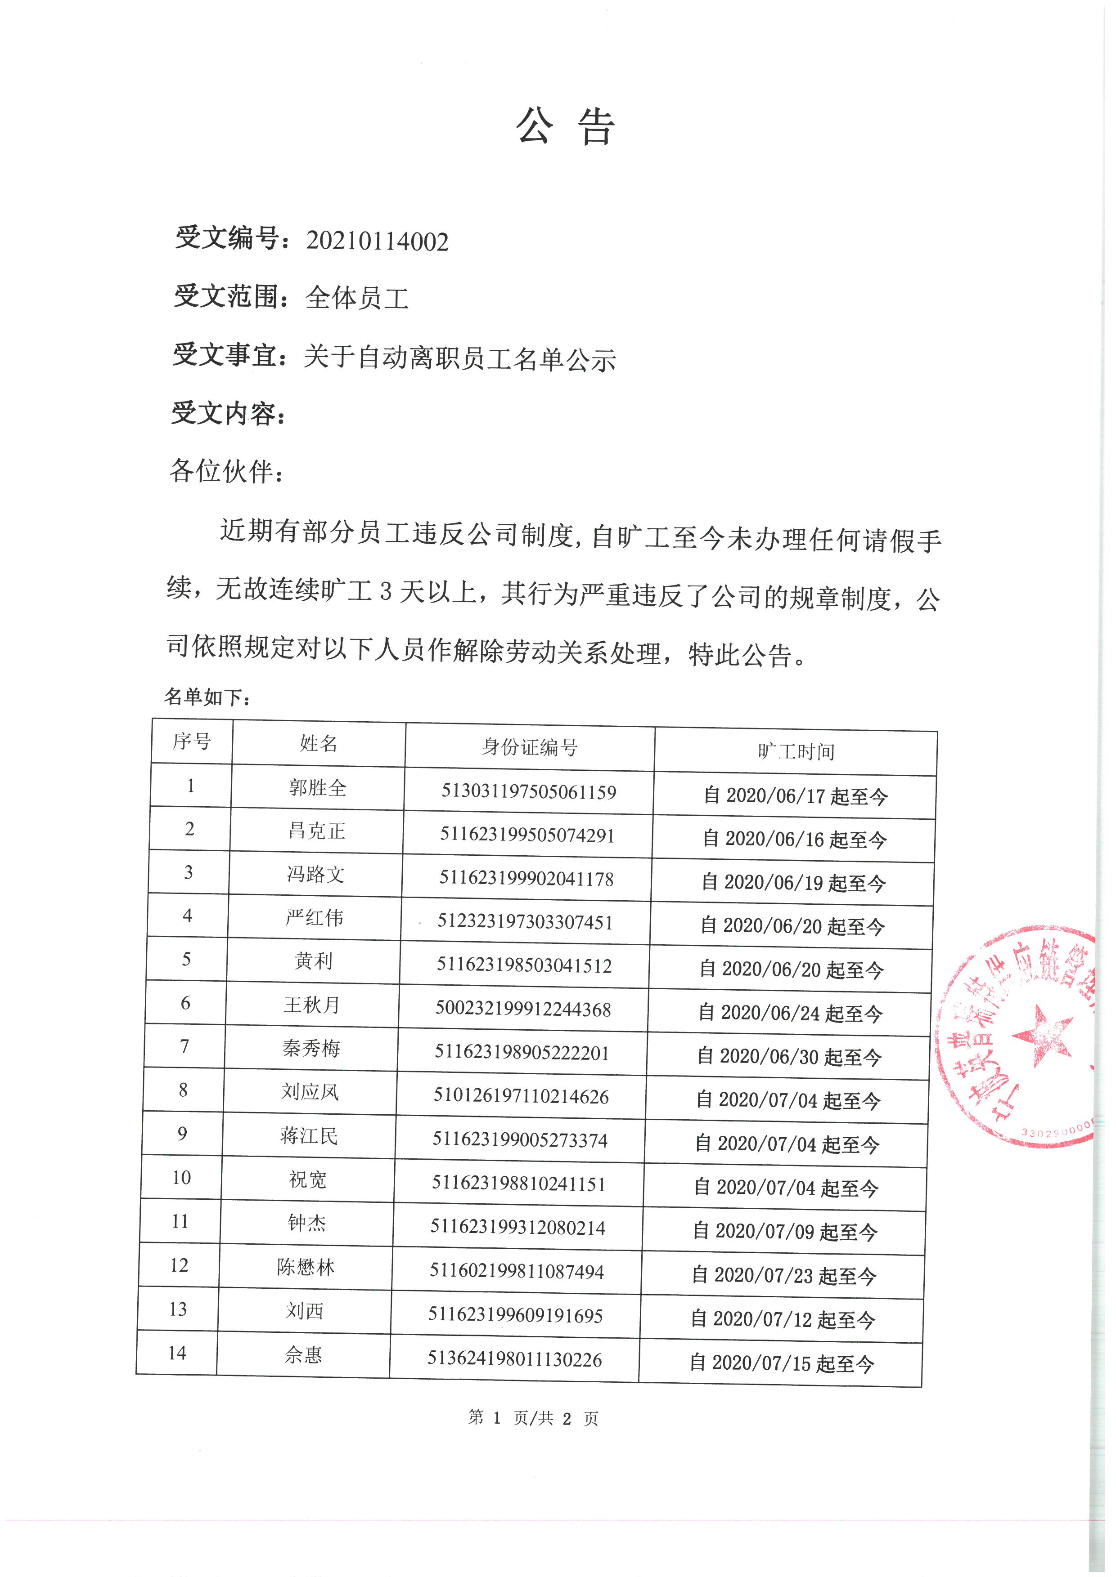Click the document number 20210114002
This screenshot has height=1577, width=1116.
pos(377,241)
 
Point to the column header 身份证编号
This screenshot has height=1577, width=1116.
pos(529,746)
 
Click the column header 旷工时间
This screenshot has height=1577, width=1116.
pos(796,751)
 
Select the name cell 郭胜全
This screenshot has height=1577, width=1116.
pos(318,788)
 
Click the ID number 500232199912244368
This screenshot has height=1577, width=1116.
pos(523,1009)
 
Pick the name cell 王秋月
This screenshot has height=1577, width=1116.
pos(312,1005)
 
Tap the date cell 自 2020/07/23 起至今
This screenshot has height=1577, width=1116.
pos(784,1276)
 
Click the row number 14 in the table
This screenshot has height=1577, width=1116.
pos(177,1353)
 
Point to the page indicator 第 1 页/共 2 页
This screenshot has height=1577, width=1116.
pos(533,1418)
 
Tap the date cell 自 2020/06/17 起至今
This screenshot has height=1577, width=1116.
pos(796,796)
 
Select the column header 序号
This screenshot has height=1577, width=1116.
pos(192,741)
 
